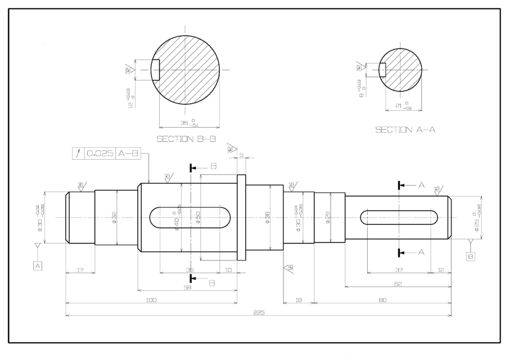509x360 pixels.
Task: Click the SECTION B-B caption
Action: (186, 138)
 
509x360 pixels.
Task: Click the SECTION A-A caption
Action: (406, 129)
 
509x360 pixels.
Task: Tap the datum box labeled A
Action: (38, 265)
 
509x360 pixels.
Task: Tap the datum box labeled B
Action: (471, 256)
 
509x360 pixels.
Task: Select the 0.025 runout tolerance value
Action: (100, 153)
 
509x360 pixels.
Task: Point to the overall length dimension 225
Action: (259, 313)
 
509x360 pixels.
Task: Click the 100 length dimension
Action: (151, 300)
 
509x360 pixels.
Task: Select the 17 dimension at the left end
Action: (79, 270)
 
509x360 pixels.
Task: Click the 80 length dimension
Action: (382, 300)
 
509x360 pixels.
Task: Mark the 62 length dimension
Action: (398, 284)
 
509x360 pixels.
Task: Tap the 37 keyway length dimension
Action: (398, 270)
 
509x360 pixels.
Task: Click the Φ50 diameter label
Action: (198, 218)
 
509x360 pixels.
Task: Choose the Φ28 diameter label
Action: (327, 218)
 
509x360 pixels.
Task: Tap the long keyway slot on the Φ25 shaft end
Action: (400, 218)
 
